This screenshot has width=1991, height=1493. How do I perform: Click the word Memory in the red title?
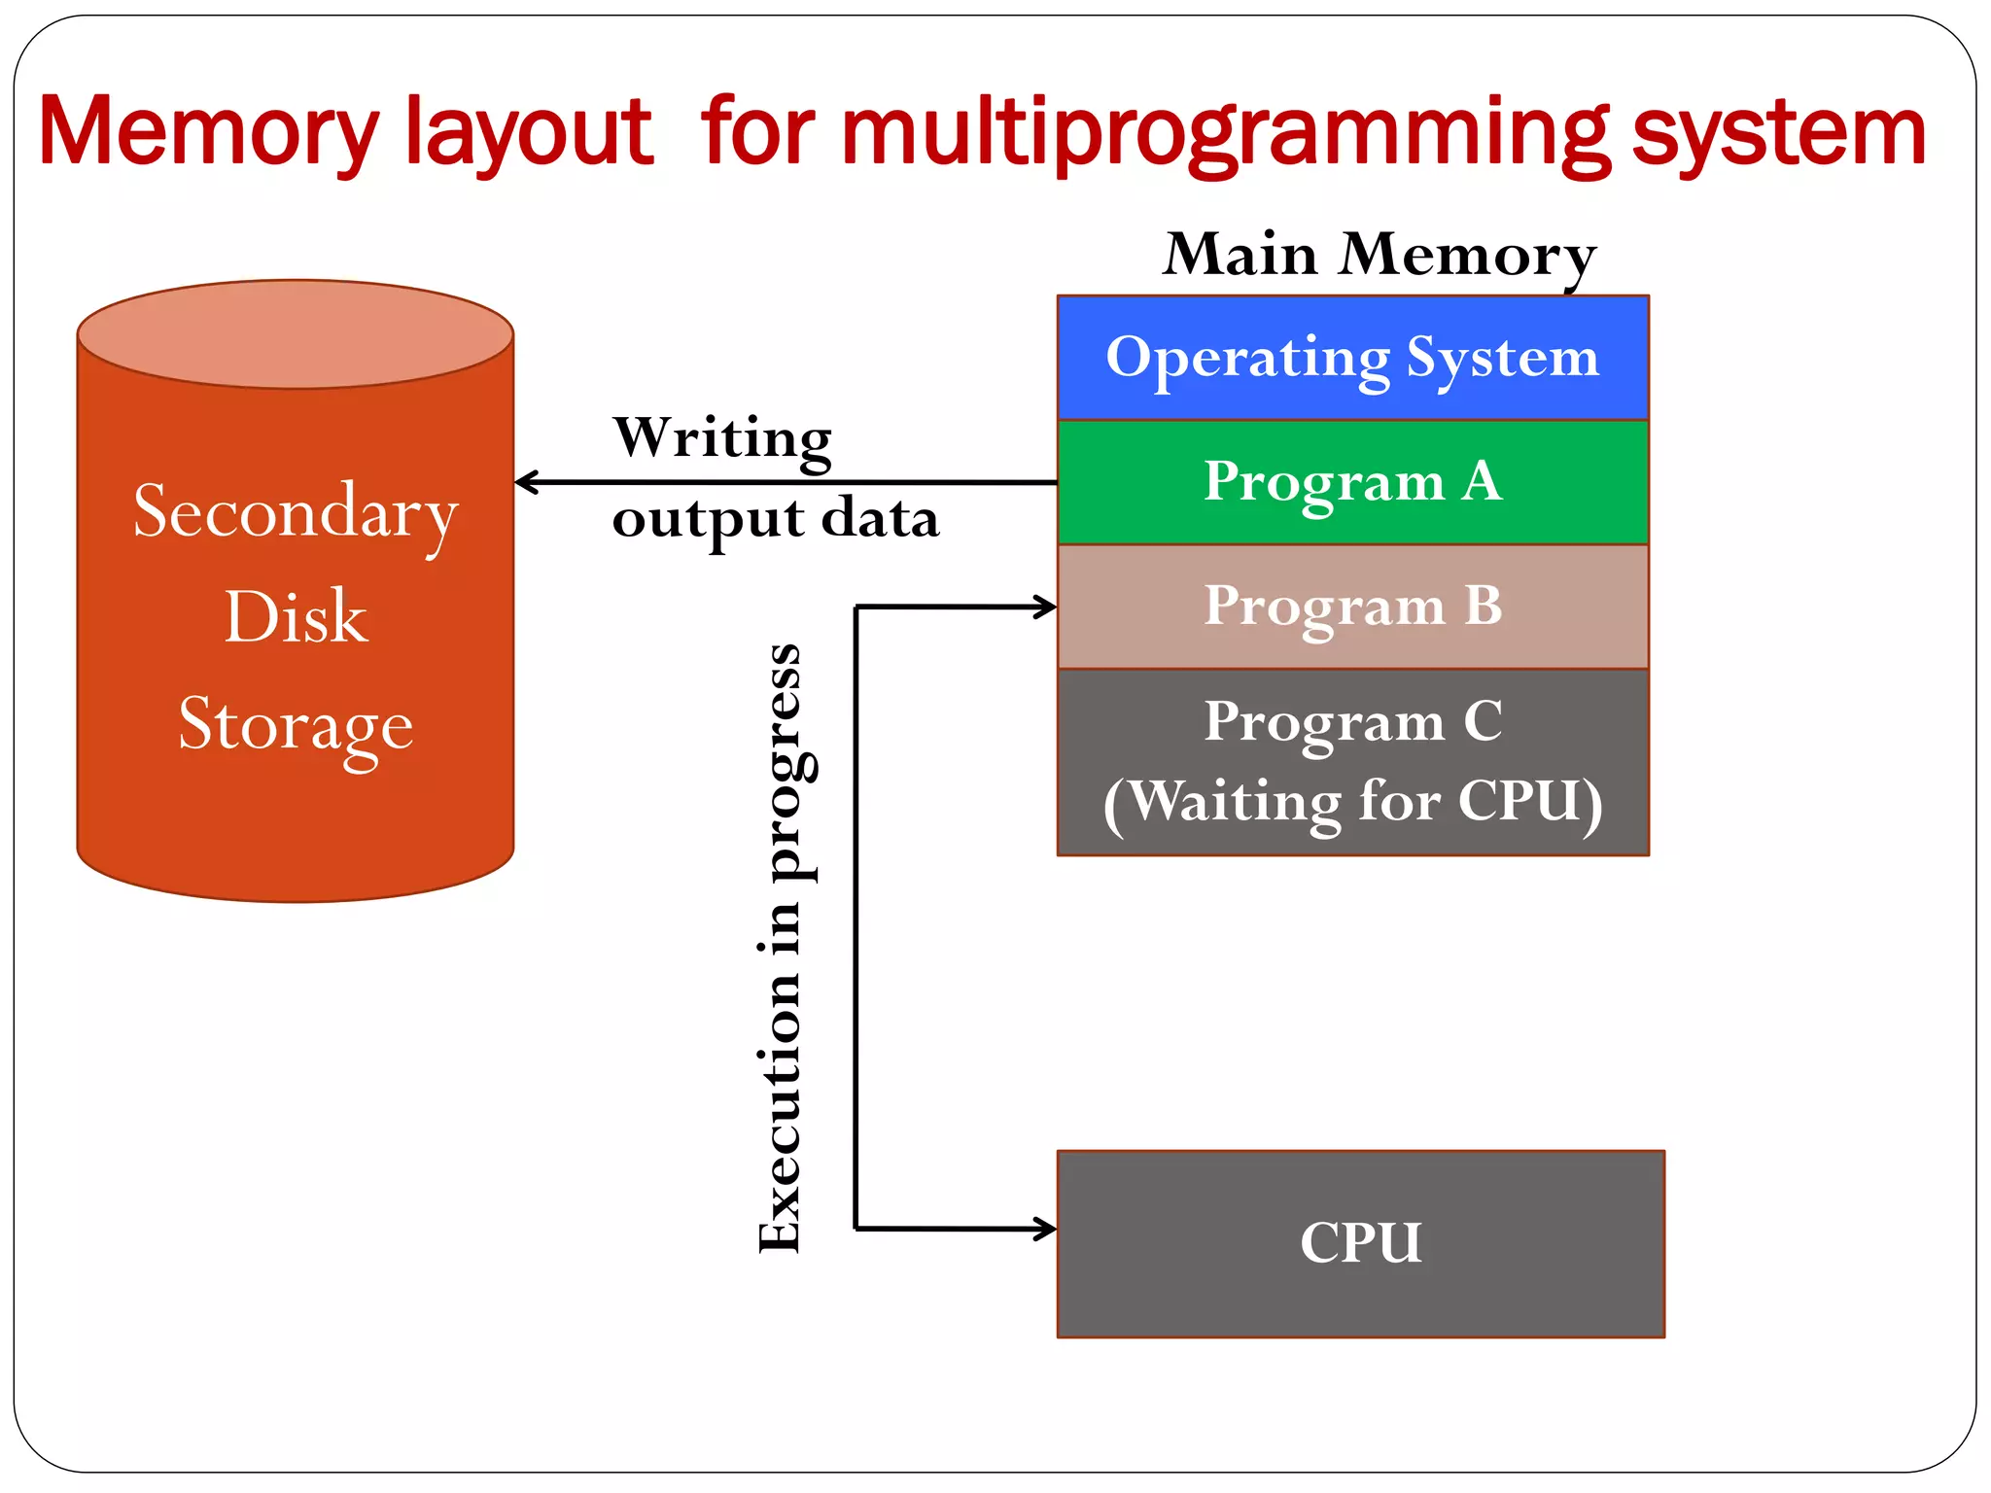(207, 133)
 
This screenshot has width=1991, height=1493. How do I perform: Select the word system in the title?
(1779, 133)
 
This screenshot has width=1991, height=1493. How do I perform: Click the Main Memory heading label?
(1380, 255)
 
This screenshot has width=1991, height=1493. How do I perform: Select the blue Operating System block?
(1352, 358)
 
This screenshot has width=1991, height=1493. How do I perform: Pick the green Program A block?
(1352, 482)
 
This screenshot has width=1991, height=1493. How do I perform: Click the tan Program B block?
(1352, 607)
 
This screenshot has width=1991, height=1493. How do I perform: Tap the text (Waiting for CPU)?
(1352, 803)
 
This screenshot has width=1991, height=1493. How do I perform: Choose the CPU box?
(1360, 1243)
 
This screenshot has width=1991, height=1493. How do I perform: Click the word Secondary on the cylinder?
(296, 512)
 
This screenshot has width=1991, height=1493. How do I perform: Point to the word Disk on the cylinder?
(296, 617)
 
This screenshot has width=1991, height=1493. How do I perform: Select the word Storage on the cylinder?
(296, 725)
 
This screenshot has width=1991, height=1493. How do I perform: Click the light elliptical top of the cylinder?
(296, 334)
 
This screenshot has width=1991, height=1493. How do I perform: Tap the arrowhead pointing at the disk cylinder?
(526, 482)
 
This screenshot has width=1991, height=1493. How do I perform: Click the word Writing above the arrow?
(722, 438)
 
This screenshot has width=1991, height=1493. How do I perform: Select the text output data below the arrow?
(775, 518)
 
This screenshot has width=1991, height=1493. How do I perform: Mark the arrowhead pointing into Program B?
(1046, 608)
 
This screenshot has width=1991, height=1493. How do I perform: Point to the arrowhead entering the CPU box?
(1046, 1229)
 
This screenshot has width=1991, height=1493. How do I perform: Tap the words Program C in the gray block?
(1352, 722)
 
